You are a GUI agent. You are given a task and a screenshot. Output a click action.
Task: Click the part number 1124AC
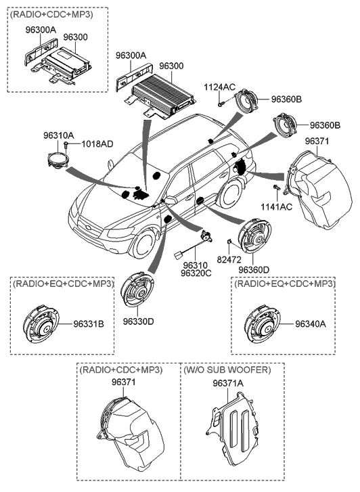pos(221,87)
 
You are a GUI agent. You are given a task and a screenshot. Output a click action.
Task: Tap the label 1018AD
pos(97,144)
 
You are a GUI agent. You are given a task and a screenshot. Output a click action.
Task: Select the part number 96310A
pos(60,135)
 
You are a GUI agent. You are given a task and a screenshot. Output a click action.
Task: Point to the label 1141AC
pos(275,206)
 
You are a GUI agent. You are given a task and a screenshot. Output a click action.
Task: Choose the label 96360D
pos(253,269)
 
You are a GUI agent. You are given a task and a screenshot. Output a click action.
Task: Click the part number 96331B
pos(89,324)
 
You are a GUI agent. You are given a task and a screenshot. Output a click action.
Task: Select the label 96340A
pos(311,324)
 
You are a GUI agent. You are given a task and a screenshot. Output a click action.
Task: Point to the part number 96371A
pos(227,383)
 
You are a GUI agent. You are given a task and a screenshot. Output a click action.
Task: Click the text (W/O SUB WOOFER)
pos(227,371)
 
